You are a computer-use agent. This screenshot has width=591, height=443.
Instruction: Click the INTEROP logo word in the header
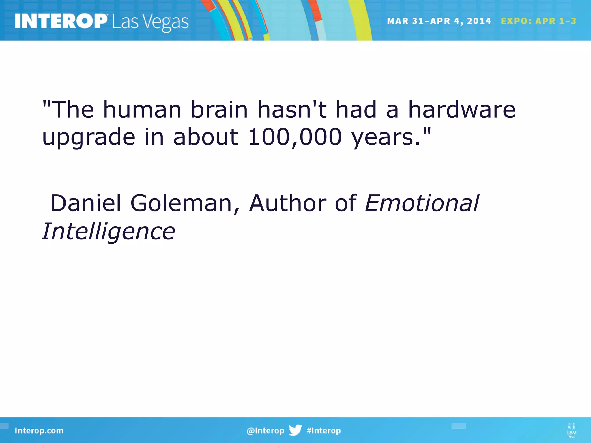61,21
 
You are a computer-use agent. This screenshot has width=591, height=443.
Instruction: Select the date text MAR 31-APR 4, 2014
439,21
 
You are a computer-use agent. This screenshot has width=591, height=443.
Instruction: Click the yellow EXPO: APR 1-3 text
538,21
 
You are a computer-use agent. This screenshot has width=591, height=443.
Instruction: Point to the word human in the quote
142,110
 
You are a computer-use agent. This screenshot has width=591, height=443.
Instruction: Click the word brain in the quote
219,110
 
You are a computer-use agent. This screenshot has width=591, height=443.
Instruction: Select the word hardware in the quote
461,110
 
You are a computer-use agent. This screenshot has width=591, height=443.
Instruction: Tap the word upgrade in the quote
89,138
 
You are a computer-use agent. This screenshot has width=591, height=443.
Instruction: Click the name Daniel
85,203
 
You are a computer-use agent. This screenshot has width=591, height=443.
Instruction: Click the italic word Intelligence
109,232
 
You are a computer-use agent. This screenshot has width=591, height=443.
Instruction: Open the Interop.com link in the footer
39,431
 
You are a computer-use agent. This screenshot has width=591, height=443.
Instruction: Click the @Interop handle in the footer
265,431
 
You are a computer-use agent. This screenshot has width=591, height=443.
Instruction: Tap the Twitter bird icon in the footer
295,430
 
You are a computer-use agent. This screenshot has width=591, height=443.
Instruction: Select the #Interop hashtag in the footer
323,431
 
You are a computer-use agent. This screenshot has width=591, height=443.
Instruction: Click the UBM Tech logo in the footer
571,430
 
